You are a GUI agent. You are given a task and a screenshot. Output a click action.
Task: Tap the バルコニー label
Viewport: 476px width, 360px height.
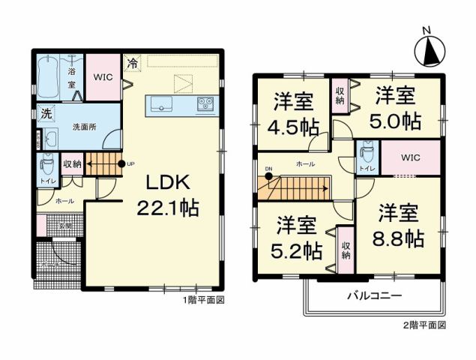pyautogui.click(x=373, y=295)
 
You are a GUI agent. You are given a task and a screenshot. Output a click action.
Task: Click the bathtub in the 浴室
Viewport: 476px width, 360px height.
pyautogui.click(x=47, y=76)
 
